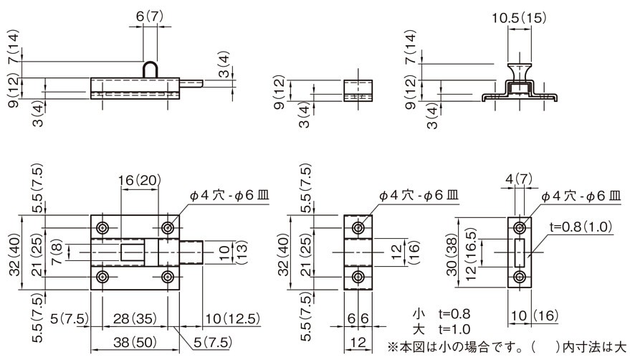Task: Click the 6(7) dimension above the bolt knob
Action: (x=150, y=16)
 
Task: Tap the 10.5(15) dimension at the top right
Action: (x=520, y=18)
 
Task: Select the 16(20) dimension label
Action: (x=140, y=180)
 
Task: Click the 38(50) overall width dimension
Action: (x=135, y=343)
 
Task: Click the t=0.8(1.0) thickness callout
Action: (x=581, y=227)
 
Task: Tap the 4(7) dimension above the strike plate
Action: (x=519, y=179)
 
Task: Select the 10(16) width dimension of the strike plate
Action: (x=535, y=316)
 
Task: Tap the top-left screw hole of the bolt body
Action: (x=103, y=228)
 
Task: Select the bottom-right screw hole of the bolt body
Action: (x=168, y=277)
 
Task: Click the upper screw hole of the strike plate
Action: (x=520, y=228)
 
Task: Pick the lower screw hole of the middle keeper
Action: (x=358, y=277)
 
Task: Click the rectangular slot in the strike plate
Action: (x=520, y=252)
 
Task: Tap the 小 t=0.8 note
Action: (x=442, y=314)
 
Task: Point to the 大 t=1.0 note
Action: (x=442, y=329)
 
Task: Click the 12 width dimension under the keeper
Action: (x=358, y=343)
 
